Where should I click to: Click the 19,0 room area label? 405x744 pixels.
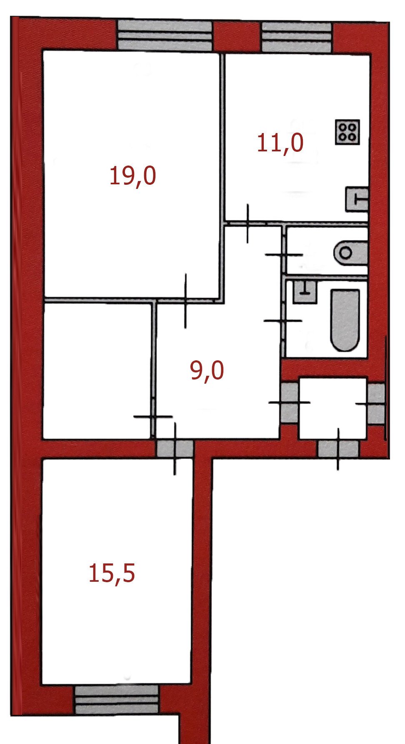coord(132,176)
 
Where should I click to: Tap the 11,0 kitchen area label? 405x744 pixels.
coord(280,143)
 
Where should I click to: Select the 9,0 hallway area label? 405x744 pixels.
coord(207,370)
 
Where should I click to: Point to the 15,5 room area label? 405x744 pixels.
coord(112,573)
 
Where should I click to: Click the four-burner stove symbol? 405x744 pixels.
coord(347,132)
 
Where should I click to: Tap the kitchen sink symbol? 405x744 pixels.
coord(357,200)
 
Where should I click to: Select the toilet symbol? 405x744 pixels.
coord(350,253)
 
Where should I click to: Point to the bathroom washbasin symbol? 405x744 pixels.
coord(305,292)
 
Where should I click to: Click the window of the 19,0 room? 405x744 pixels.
coord(165,36)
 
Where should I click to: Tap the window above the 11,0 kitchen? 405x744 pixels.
coord(297,38)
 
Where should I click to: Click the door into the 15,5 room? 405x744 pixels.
coord(175,449)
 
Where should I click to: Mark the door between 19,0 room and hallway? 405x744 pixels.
coord(185,300)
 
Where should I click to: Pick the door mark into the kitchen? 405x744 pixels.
coord(247,224)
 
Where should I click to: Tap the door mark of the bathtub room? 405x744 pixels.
coord(283,321)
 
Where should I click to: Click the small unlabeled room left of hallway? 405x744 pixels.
coord(97,371)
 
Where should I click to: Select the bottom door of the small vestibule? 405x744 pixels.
coord(338,449)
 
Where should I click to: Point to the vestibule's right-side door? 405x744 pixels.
coord(376,404)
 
